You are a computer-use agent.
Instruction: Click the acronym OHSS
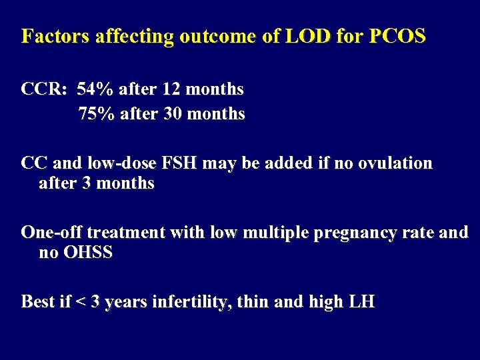(89, 253)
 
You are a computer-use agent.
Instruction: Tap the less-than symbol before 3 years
(79, 302)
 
